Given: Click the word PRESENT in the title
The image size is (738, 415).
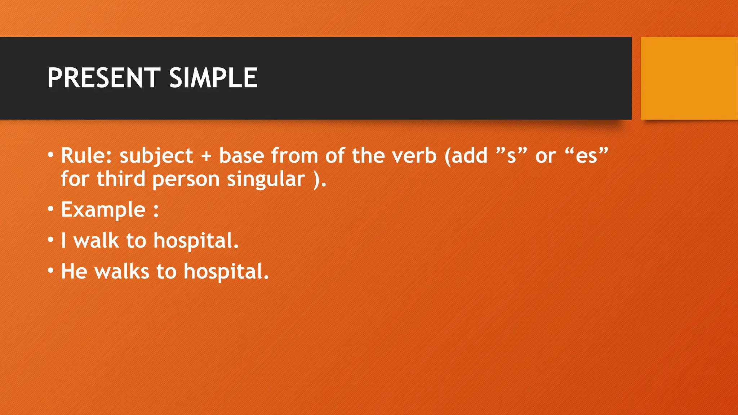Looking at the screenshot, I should (104, 78).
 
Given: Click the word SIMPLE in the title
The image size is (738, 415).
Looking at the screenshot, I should (213, 78).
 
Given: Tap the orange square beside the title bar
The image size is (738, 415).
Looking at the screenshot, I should (689, 78).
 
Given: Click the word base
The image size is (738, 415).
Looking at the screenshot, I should (241, 156).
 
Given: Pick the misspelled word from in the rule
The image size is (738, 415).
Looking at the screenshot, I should (294, 156).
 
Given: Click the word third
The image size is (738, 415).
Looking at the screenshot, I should (121, 179).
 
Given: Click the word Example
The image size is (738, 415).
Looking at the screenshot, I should (103, 210).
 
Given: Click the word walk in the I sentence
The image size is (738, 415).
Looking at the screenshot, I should (96, 240).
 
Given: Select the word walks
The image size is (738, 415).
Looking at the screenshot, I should (122, 271).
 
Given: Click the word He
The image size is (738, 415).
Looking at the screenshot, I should (74, 271).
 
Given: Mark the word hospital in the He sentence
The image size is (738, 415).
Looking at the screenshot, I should (226, 272).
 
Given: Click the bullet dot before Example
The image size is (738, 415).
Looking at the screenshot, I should (51, 209).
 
